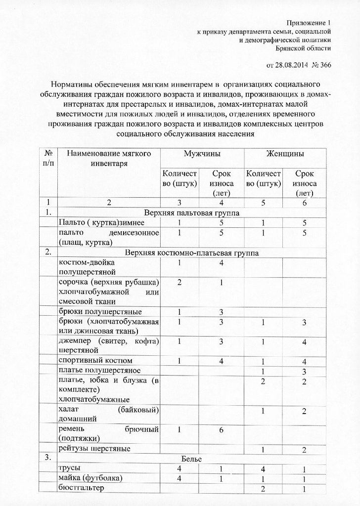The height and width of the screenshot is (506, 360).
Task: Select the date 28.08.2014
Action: click(284, 65)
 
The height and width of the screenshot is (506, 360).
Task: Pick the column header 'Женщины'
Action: click(286, 154)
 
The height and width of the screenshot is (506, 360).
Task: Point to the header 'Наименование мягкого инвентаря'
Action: click(109, 159)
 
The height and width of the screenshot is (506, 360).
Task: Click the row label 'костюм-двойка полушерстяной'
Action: click(87, 267)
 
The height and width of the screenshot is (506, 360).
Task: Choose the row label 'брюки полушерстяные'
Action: click(100, 312)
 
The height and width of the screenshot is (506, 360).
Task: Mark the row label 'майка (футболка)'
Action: click(90, 478)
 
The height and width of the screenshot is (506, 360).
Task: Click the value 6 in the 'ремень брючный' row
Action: click(222, 430)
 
